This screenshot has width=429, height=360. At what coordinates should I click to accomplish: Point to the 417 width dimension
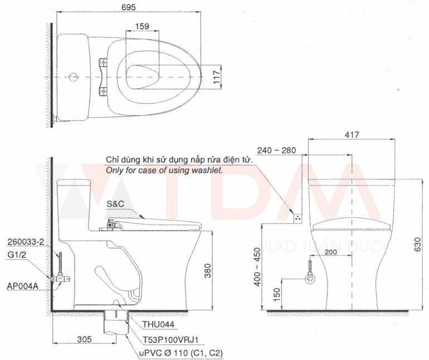352,135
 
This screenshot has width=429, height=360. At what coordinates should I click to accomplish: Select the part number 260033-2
26,242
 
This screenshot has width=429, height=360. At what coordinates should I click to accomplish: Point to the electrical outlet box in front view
298,217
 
